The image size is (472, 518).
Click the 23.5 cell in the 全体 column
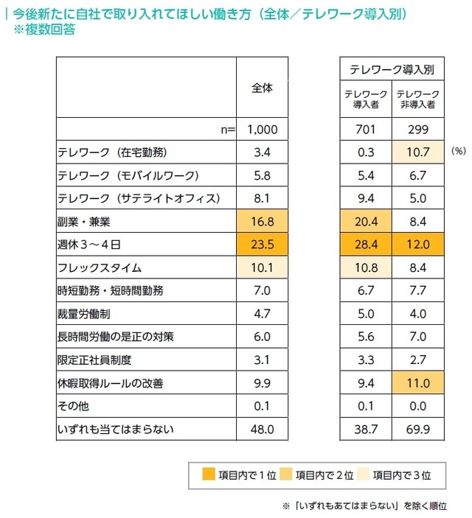pyautogui.click(x=261, y=244)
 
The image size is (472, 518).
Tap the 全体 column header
pyautogui.click(x=262, y=87)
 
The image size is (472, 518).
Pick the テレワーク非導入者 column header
pyautogui.click(x=417, y=99)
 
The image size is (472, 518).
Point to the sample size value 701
pyautogui.click(x=366, y=130)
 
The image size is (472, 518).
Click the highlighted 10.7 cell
pyautogui.click(x=417, y=153)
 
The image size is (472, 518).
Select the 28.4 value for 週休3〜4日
pyautogui.click(x=366, y=244)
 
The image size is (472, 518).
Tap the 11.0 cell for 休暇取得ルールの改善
pyautogui.click(x=417, y=382)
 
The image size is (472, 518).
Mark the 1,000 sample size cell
pyautogui.click(x=262, y=130)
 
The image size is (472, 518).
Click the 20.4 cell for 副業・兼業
pyautogui.click(x=366, y=221)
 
